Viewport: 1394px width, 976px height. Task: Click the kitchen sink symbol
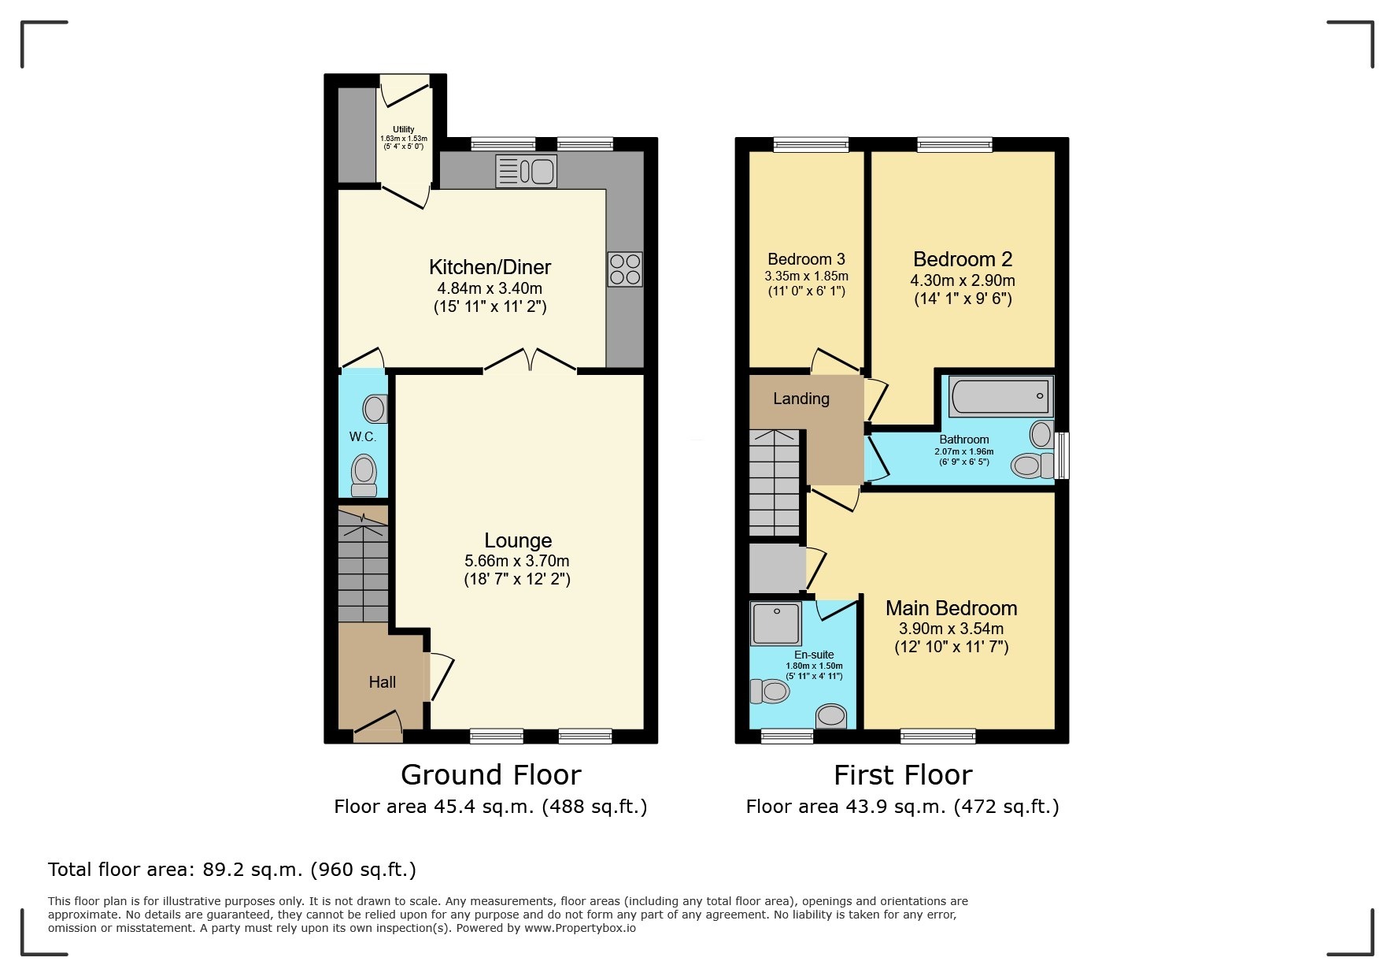point(526,171)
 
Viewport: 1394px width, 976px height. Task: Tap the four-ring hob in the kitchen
point(625,269)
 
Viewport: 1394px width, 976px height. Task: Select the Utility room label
point(404,129)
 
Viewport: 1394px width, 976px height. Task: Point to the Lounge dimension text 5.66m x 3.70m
point(516,561)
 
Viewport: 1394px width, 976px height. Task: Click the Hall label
point(383,682)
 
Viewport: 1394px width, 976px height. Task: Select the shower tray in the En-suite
point(776,623)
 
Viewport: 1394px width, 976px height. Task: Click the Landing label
point(801,399)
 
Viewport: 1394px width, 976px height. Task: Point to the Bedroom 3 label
point(806,259)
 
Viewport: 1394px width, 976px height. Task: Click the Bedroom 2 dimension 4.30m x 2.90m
point(962,280)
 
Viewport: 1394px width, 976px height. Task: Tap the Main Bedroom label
point(951,608)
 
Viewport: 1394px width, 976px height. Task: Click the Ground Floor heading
point(490,775)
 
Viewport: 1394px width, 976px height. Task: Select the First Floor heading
point(903,775)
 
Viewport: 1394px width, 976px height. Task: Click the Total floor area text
point(232,870)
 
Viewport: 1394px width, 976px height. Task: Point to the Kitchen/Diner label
point(490,267)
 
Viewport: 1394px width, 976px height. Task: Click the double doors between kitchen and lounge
point(530,362)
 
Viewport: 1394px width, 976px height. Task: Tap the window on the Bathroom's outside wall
point(1062,455)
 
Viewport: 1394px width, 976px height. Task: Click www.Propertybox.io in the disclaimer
point(580,928)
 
